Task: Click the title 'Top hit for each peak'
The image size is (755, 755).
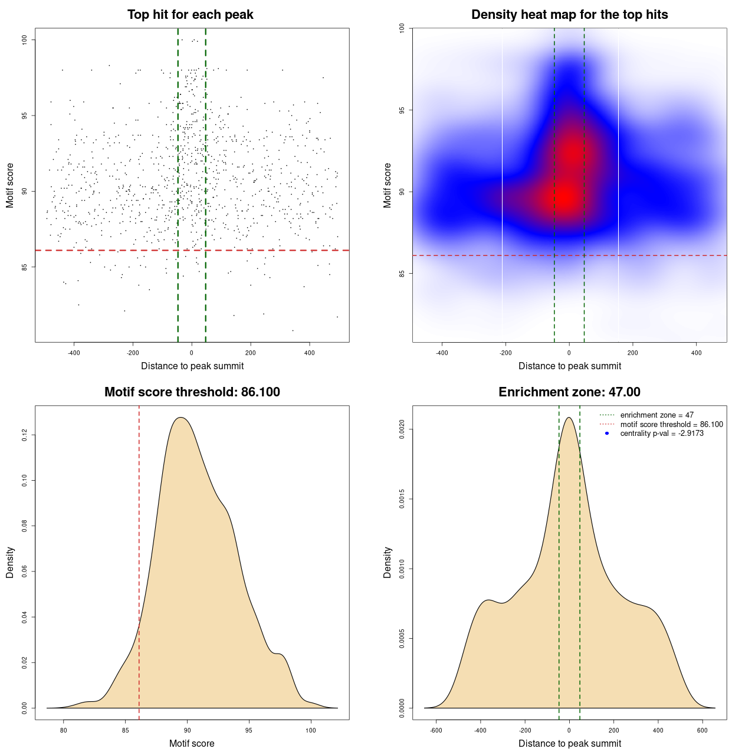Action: point(190,15)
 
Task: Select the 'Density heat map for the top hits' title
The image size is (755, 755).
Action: point(569,15)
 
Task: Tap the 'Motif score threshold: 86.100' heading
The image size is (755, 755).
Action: point(192,392)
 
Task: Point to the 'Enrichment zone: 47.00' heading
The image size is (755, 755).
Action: point(569,392)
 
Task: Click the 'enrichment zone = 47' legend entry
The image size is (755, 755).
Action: point(656,415)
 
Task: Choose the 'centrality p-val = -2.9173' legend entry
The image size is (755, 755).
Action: point(661,434)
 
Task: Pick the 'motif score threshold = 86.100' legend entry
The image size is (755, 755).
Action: point(671,425)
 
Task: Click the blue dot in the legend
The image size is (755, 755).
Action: point(607,434)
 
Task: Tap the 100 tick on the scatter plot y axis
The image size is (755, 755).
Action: point(25,40)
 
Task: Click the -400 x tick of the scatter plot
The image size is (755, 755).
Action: point(74,353)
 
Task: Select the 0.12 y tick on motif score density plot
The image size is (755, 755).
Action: point(25,435)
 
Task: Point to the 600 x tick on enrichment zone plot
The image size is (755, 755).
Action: point(702,731)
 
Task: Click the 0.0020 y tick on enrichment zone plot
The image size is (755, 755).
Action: point(402,429)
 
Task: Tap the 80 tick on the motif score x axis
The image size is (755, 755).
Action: point(64,731)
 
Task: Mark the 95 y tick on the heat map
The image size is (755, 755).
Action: point(402,110)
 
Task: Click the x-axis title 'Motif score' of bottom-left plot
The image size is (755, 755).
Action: point(192,744)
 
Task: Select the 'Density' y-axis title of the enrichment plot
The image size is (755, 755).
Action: point(388,562)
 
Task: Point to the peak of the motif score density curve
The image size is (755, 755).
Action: point(181,418)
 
